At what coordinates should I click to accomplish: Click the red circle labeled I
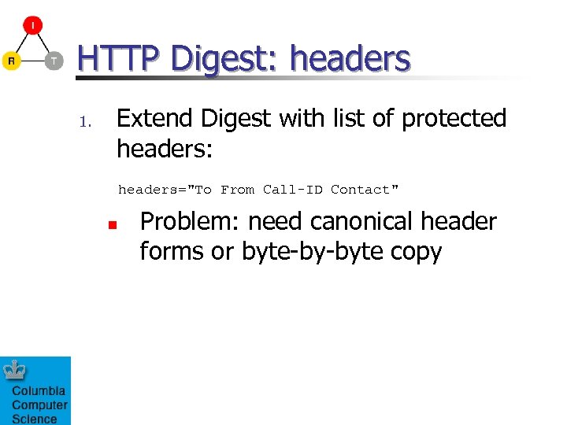pyautogui.click(x=32, y=25)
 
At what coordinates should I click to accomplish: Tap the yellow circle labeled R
pyautogui.click(x=11, y=61)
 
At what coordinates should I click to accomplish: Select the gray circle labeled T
pyautogui.click(x=54, y=61)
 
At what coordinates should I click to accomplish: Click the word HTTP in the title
pyautogui.click(x=120, y=59)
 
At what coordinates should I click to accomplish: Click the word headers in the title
pyautogui.click(x=350, y=59)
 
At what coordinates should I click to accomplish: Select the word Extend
pyautogui.click(x=155, y=118)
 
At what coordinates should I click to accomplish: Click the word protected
pyautogui.click(x=454, y=119)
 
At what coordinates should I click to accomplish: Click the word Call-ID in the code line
pyautogui.click(x=292, y=190)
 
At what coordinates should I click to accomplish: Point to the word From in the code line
pyautogui.click(x=237, y=190)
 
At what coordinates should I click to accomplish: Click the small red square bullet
pyautogui.click(x=113, y=225)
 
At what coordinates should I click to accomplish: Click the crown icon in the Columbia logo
pyautogui.click(x=16, y=370)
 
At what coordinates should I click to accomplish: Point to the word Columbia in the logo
pyautogui.click(x=38, y=391)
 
